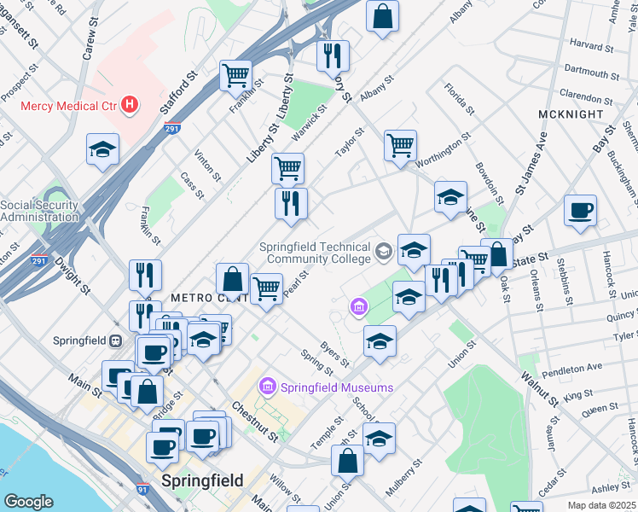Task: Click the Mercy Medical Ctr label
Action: pyautogui.click(x=68, y=106)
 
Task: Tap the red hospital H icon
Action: pyautogui.click(x=129, y=106)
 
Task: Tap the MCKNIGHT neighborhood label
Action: pyautogui.click(x=571, y=113)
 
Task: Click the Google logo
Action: pyautogui.click(x=28, y=501)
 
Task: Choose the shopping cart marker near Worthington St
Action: pyautogui.click(x=400, y=146)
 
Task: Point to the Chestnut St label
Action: pyautogui.click(x=255, y=422)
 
